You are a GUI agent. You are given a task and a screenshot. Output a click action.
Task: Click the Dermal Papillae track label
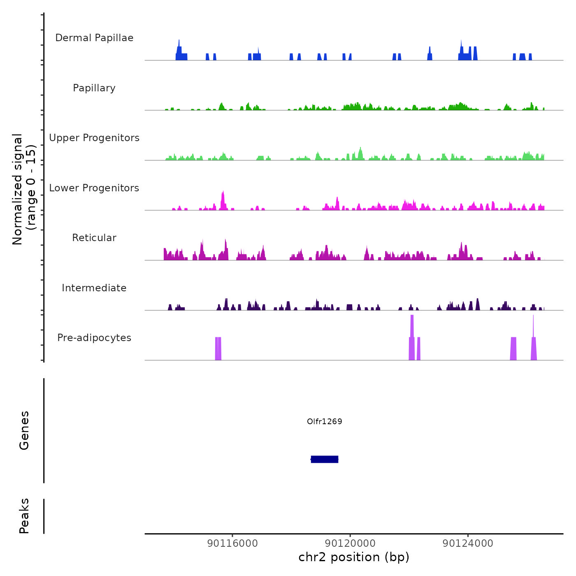94,38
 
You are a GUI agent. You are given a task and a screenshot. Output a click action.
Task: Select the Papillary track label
94,88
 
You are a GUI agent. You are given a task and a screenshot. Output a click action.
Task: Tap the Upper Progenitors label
94,138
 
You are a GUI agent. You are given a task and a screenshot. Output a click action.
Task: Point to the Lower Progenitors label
94,188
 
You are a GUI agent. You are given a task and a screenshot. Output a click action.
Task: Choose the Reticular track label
94,238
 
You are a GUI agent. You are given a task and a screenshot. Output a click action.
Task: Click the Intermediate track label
94,288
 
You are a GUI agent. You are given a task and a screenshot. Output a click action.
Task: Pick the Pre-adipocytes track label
94,338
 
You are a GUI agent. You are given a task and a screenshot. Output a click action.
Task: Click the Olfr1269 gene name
325,421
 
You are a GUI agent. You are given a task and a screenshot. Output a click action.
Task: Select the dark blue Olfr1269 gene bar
325,459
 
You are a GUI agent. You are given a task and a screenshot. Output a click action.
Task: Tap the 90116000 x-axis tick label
232,543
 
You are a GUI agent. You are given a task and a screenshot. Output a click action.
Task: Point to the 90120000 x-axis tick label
350,543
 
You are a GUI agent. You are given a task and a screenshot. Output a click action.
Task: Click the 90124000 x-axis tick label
468,543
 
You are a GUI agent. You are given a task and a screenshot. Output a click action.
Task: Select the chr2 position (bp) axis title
354,557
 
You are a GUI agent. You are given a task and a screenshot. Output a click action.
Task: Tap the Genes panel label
24,430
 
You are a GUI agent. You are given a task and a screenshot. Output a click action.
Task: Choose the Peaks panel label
24,516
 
